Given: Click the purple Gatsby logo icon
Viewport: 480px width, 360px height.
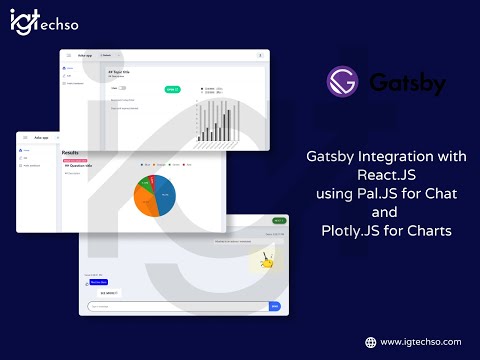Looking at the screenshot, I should (342, 81).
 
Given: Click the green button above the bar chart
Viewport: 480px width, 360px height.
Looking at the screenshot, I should (171, 89).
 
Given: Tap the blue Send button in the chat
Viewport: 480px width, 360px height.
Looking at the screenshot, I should (275, 306).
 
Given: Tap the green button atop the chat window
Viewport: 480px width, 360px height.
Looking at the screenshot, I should (279, 219).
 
